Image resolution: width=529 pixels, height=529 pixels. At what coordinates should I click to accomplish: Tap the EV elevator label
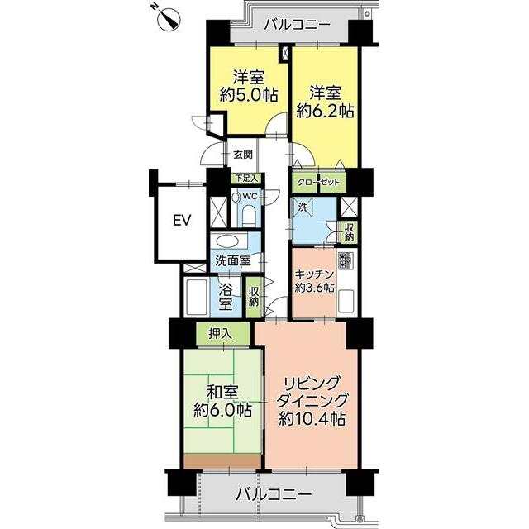(x=182, y=221)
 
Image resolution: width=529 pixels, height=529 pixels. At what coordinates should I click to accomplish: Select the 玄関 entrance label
(x=243, y=155)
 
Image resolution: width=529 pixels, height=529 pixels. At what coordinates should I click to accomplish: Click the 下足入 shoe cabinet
(x=247, y=179)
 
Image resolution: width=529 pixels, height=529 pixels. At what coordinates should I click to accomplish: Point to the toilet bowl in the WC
(x=249, y=217)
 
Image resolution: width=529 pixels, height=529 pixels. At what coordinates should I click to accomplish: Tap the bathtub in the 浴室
(x=196, y=297)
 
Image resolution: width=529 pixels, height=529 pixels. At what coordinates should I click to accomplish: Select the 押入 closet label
(x=220, y=334)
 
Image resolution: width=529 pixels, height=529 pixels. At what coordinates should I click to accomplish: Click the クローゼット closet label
(x=318, y=183)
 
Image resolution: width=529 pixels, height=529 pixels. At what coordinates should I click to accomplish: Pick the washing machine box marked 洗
(x=303, y=207)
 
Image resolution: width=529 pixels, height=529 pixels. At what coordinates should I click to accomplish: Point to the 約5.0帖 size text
(x=249, y=95)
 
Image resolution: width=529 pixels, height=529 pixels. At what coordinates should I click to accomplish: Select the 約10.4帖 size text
(x=312, y=419)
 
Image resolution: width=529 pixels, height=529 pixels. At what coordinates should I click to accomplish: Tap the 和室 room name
(x=222, y=393)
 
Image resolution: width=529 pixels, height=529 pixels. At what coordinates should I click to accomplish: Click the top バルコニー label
(x=297, y=25)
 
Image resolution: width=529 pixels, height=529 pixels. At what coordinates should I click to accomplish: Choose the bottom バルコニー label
(x=274, y=495)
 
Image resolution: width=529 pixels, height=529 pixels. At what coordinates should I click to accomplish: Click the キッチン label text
(x=314, y=274)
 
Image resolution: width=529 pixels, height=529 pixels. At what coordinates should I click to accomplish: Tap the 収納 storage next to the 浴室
(x=254, y=297)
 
